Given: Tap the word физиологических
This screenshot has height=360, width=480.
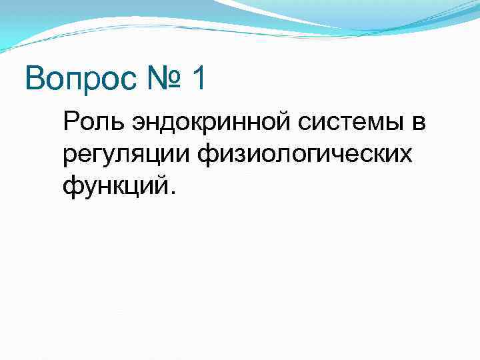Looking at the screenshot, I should pos(303,154).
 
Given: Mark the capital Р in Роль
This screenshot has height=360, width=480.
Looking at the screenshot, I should pos(70,123).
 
